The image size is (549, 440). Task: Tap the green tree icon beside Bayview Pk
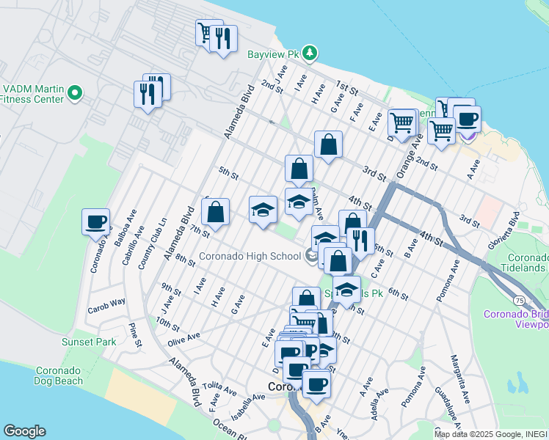click(x=310, y=53)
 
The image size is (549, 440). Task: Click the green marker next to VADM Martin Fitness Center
click(x=74, y=93)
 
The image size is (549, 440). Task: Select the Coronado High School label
click(x=250, y=256)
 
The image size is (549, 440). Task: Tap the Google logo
click(x=24, y=431)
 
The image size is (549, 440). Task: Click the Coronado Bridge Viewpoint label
click(x=515, y=319)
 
